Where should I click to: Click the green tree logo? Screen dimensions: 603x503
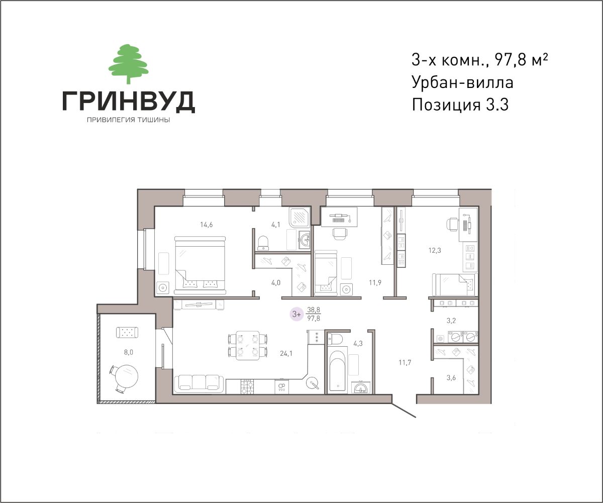(129, 64)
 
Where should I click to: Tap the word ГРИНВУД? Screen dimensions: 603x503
(129, 102)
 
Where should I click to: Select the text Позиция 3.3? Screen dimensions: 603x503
(460, 105)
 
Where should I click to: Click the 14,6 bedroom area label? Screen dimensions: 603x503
(207, 225)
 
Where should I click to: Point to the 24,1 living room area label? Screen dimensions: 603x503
(286, 353)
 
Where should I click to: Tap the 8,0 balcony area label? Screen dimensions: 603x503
(129, 352)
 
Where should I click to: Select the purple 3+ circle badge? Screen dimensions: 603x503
(296, 314)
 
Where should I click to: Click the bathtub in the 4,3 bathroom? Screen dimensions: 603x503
(337, 370)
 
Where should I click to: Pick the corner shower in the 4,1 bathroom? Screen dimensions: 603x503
(300, 217)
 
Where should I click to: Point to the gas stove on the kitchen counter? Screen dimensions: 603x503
(247, 386)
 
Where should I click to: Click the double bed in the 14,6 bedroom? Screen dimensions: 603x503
(200, 265)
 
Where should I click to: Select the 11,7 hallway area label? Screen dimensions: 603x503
(405, 362)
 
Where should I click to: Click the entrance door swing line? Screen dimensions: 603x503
(404, 410)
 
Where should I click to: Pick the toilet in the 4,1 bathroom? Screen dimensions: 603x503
(263, 242)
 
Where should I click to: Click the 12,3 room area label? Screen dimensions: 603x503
(435, 250)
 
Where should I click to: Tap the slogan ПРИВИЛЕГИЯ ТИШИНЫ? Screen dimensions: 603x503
(129, 120)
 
